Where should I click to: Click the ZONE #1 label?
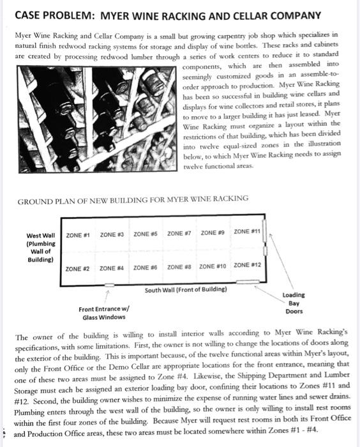78,235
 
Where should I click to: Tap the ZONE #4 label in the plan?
112,268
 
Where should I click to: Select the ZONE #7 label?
179,234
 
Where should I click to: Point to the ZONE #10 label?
213,266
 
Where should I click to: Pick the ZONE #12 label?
247,265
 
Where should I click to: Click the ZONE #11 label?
247,231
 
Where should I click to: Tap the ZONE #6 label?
145,268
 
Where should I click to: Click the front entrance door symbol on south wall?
109,285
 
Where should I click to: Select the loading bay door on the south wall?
248,282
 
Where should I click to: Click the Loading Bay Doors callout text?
294,303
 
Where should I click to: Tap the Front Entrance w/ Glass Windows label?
104,313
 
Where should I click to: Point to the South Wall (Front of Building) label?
186,290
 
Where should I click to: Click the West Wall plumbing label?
41,248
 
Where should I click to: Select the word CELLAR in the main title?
250,16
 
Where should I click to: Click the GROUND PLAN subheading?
133,199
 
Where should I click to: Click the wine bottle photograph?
97,119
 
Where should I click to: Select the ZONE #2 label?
77,269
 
